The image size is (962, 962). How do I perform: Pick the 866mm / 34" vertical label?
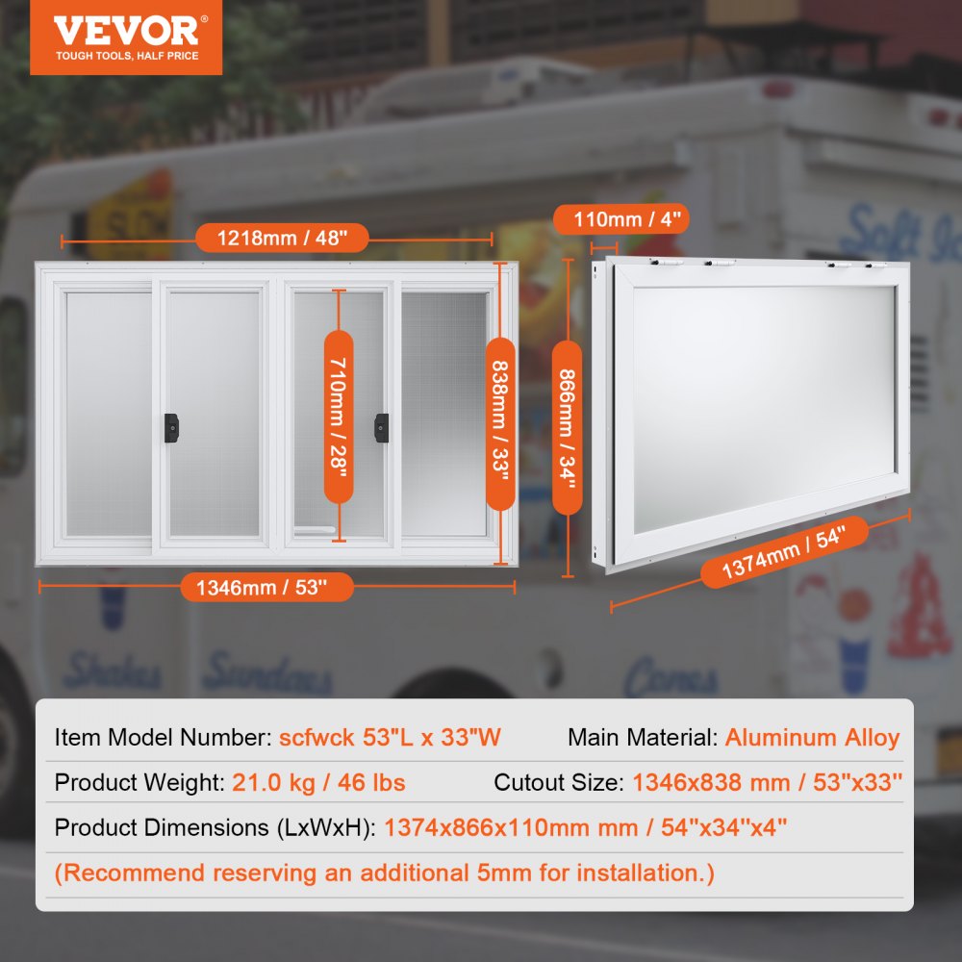[x=568, y=431]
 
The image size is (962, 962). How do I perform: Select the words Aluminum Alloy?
[x=812, y=738]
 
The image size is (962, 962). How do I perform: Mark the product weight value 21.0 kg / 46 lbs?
[x=318, y=782]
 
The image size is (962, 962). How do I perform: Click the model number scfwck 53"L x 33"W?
[x=390, y=738]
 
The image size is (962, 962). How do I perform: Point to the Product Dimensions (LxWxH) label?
[x=215, y=827]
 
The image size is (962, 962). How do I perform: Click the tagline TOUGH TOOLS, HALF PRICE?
[x=126, y=56]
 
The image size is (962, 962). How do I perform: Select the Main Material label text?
[x=642, y=738]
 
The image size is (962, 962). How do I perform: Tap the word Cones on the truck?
[x=670, y=680]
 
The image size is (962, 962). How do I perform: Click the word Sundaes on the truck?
[x=266, y=673]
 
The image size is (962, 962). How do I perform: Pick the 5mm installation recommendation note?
[x=385, y=873]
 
